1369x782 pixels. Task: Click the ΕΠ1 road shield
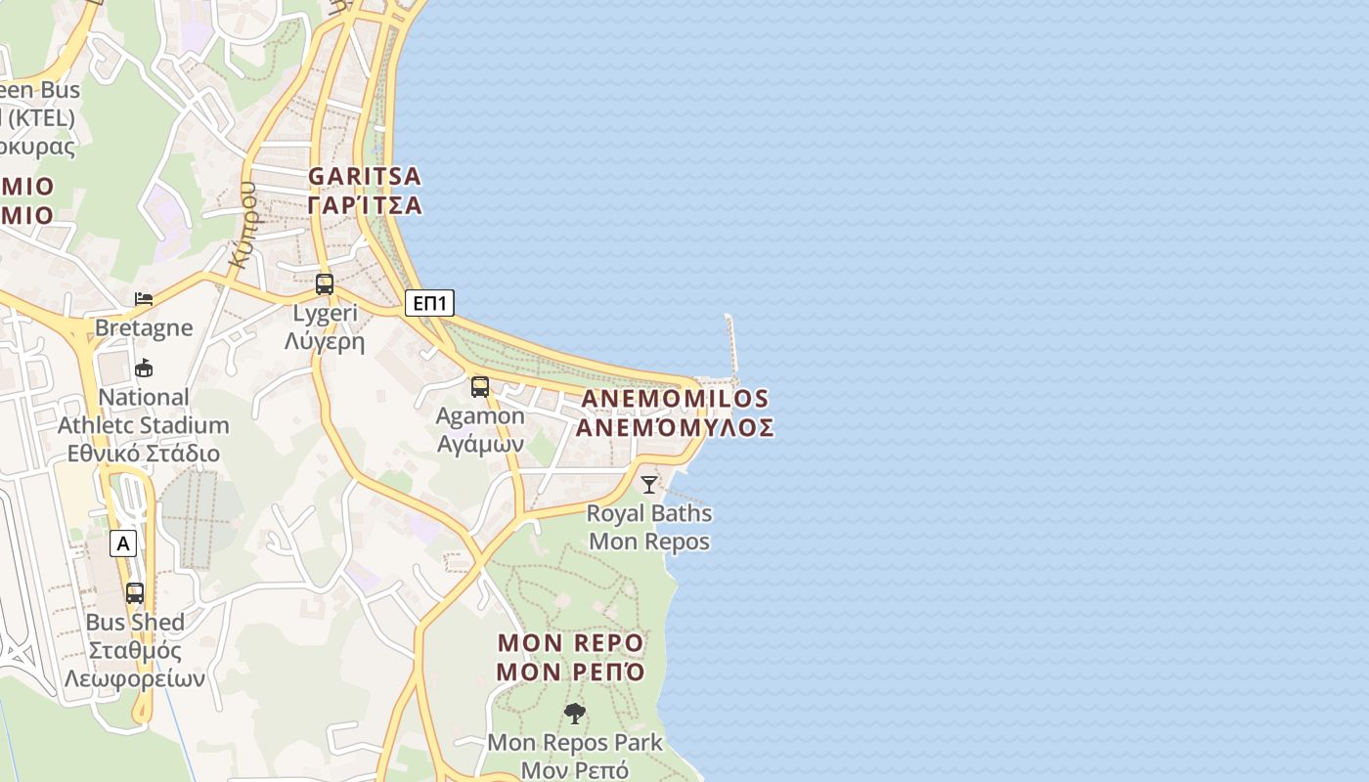(429, 303)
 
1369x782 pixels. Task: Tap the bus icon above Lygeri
(325, 284)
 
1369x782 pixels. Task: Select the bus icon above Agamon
(479, 386)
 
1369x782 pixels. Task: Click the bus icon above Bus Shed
(135, 592)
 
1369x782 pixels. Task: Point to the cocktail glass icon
(649, 484)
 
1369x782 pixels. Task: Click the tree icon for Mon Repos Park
(575, 714)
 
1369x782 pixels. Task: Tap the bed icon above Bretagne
(144, 298)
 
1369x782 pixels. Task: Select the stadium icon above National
(144, 369)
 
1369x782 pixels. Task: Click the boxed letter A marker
(122, 543)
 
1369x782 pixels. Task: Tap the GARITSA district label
(365, 177)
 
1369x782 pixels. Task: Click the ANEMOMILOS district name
(675, 399)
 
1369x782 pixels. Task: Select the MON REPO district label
(571, 643)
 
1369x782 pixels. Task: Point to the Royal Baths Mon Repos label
(649, 527)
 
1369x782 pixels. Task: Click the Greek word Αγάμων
(480, 444)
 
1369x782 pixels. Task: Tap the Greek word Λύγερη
(325, 341)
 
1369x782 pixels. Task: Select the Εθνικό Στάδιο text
(143, 454)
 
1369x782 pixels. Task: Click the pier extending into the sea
(730, 347)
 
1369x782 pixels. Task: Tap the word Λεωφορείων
(134, 678)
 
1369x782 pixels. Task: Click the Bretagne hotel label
(144, 327)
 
